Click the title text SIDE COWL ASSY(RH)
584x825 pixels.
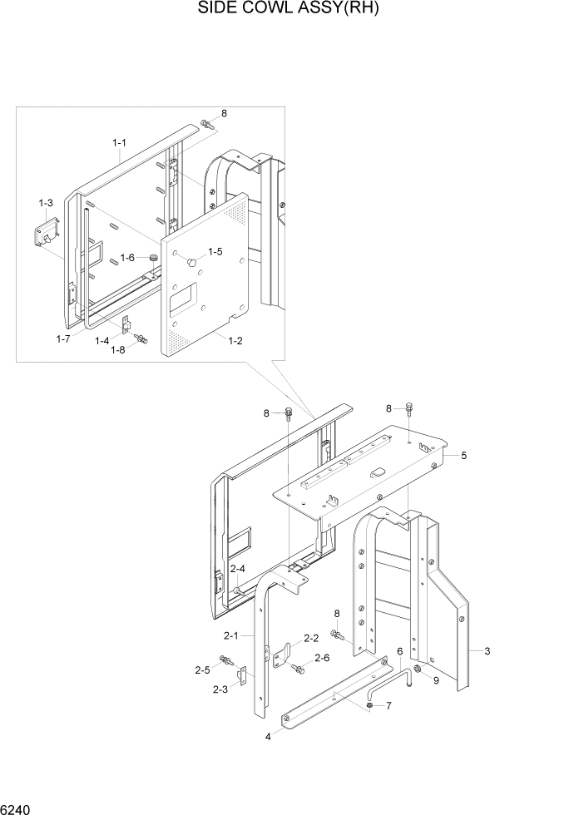(293, 9)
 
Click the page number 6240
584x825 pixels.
(17, 809)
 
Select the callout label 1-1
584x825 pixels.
(119, 143)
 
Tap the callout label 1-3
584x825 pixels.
(46, 203)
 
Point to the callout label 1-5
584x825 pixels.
(215, 251)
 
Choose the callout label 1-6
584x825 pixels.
(127, 258)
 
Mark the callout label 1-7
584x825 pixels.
(63, 338)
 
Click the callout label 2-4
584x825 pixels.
(237, 569)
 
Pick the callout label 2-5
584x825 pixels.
(202, 669)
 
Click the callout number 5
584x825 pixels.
(463, 455)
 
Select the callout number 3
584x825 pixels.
(487, 651)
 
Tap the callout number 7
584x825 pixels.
(385, 706)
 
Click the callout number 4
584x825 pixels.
(268, 737)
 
